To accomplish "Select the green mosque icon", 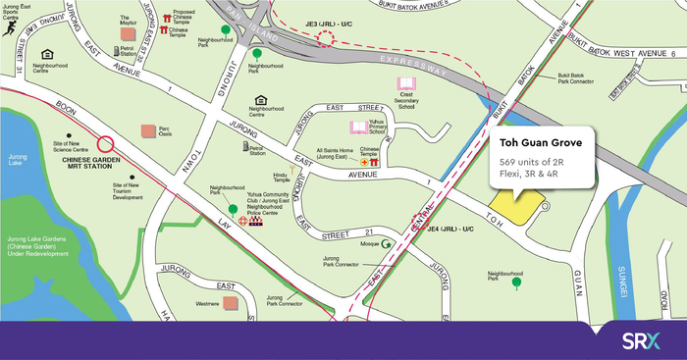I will click(x=386, y=243).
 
